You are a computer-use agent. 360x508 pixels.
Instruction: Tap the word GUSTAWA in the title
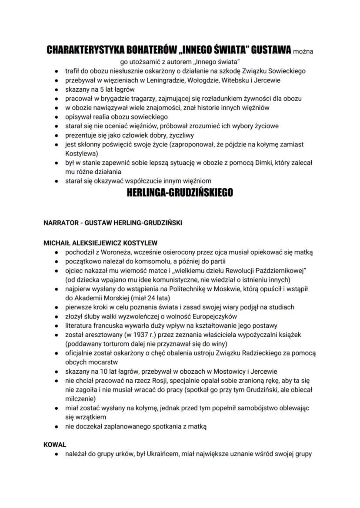[x=270, y=50]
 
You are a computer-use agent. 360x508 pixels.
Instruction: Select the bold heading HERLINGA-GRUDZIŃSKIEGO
[x=180, y=193]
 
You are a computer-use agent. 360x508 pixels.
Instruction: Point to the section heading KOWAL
[x=55, y=445]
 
